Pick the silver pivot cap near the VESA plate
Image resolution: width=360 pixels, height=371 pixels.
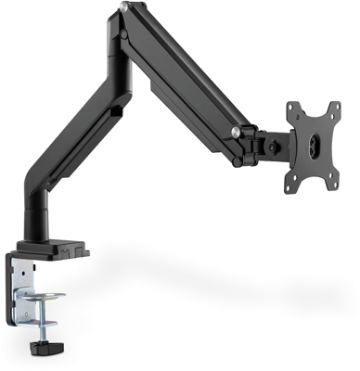[240, 134]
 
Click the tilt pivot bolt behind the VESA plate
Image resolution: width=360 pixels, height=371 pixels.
[275, 145]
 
